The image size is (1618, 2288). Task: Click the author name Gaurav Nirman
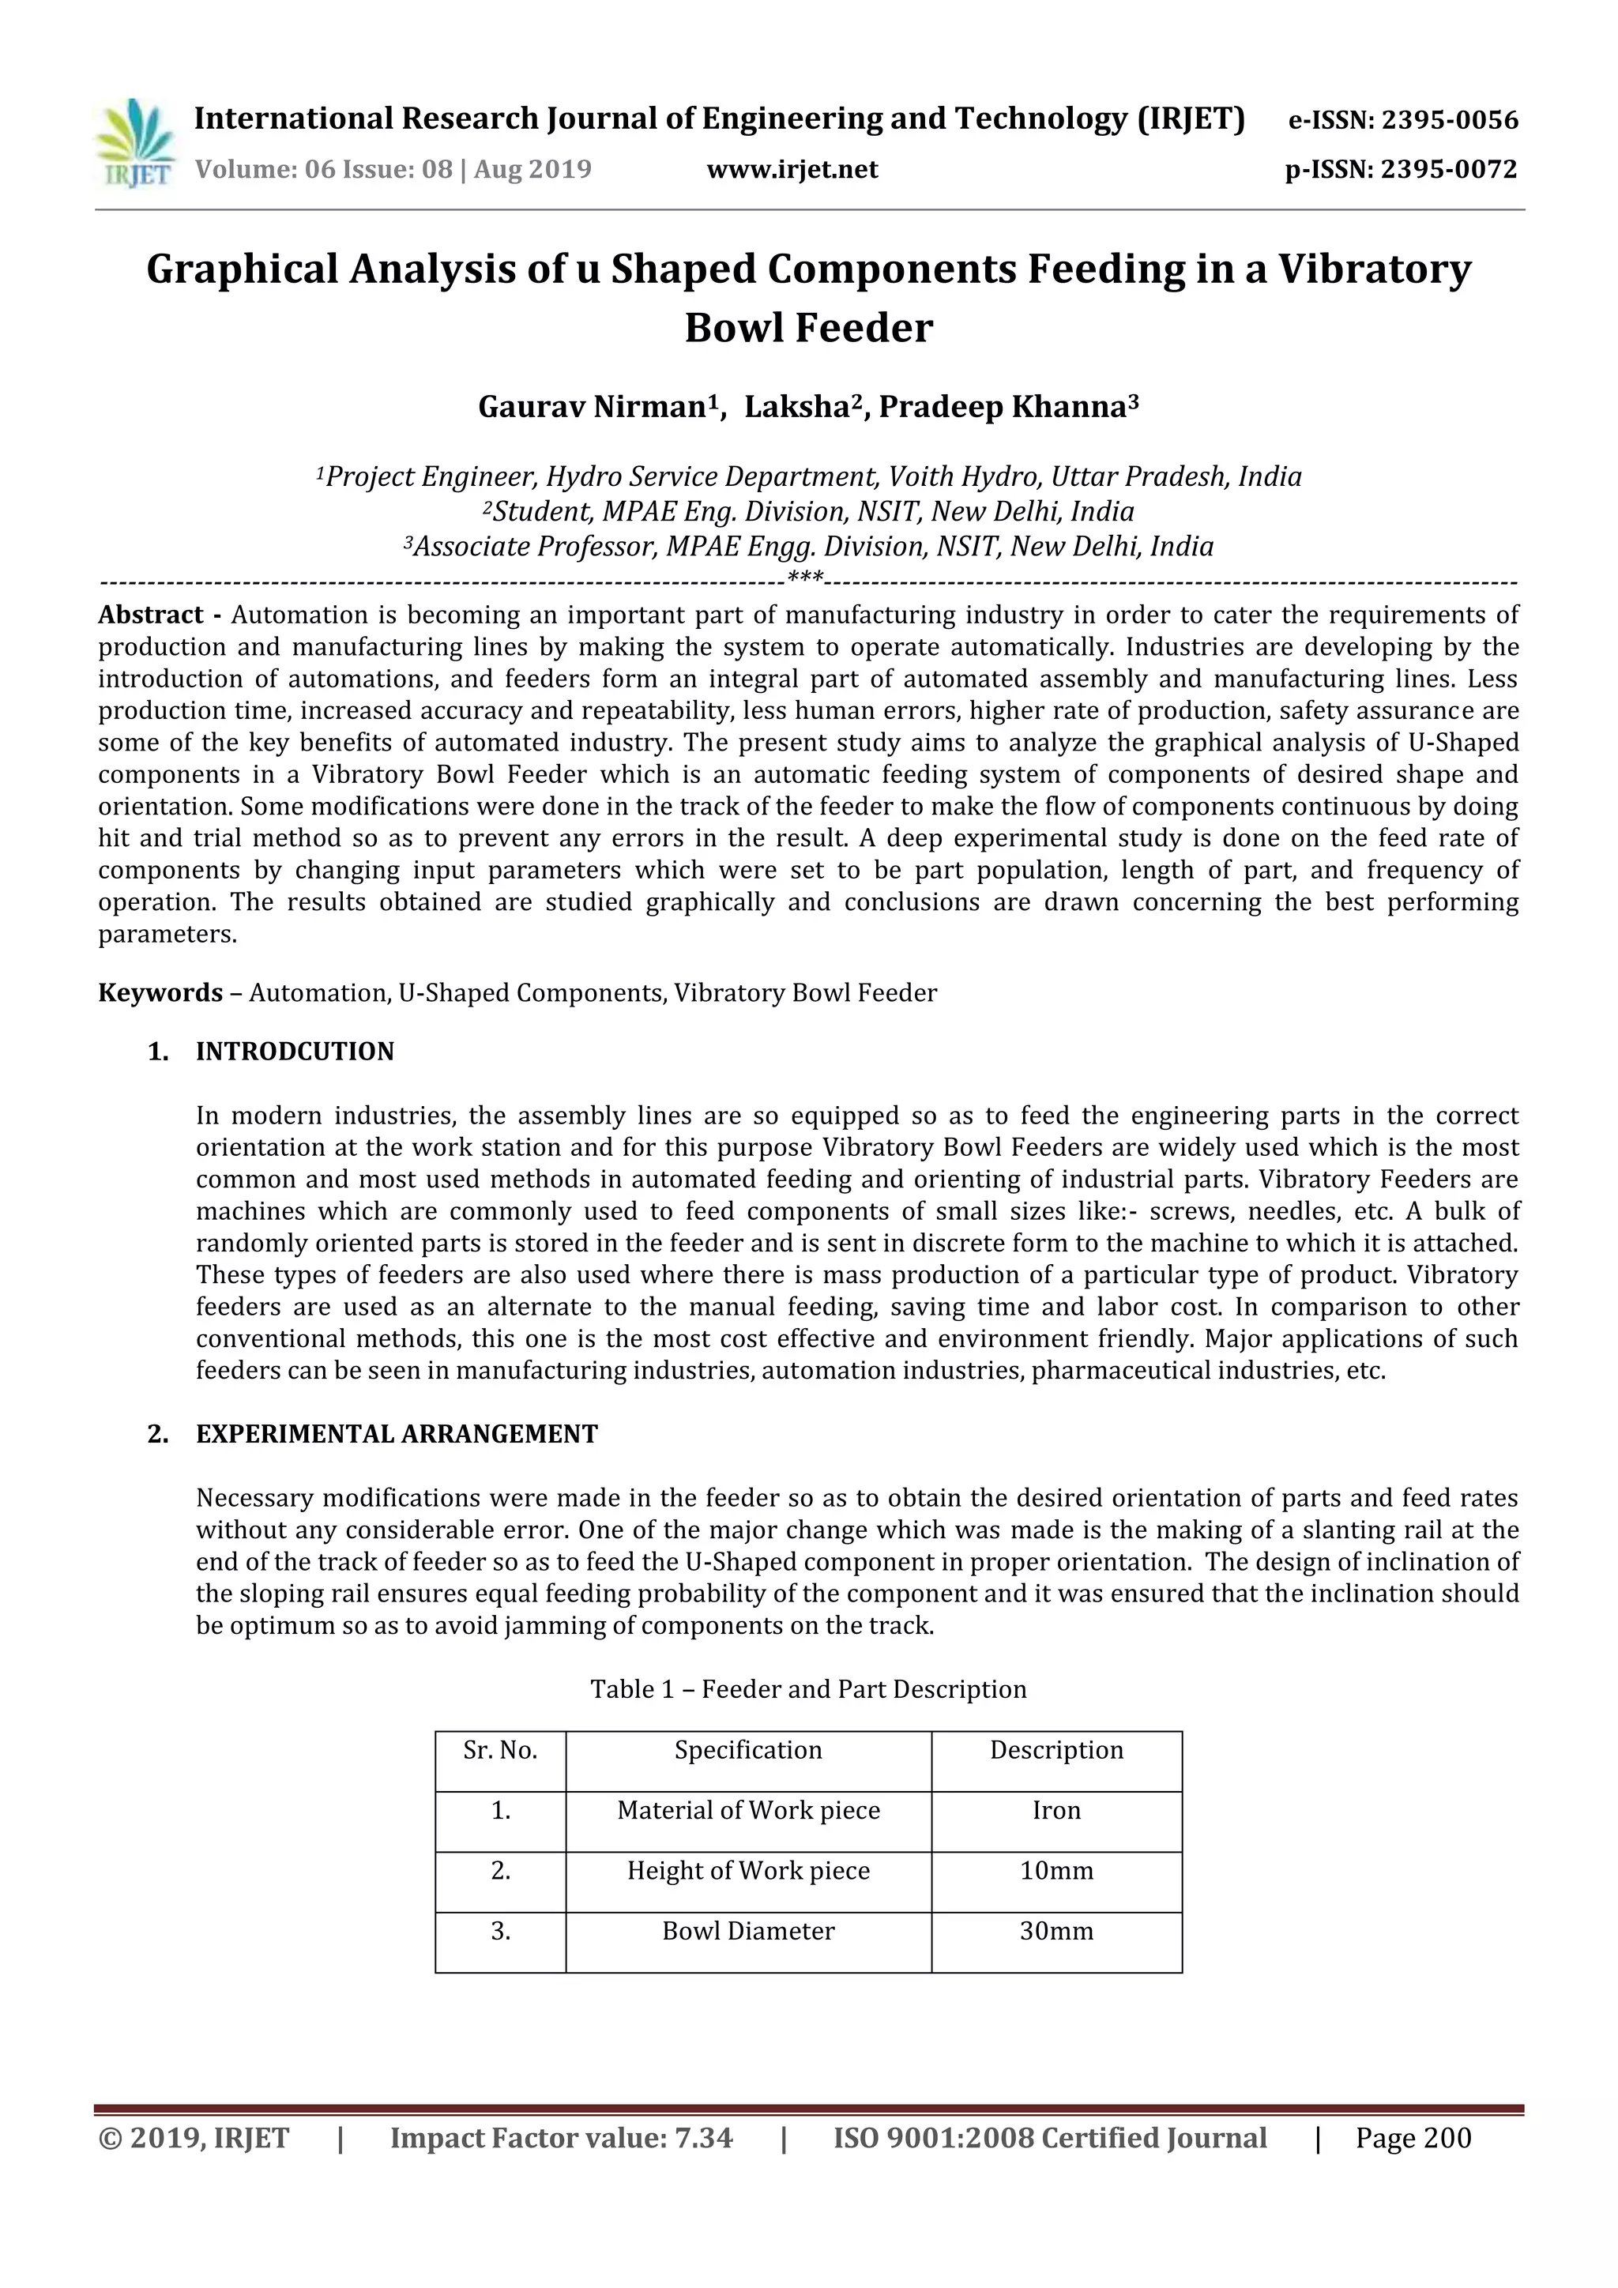[592, 408]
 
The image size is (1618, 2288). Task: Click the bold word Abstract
[150, 615]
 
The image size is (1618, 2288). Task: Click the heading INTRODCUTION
[295, 1052]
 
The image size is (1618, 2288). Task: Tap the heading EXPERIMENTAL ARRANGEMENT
[397, 1434]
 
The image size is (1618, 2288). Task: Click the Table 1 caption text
[808, 1689]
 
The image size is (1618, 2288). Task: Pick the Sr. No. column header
[500, 1751]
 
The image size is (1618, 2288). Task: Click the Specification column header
[748, 1751]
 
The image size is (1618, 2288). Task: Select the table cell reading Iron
[1056, 1811]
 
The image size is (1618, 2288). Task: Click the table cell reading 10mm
[1056, 1871]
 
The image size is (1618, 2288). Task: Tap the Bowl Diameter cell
[748, 1931]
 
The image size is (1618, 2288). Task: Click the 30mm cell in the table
[1056, 1931]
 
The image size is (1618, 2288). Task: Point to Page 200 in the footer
[1413, 2139]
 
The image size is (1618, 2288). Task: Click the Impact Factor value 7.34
[561, 2139]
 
